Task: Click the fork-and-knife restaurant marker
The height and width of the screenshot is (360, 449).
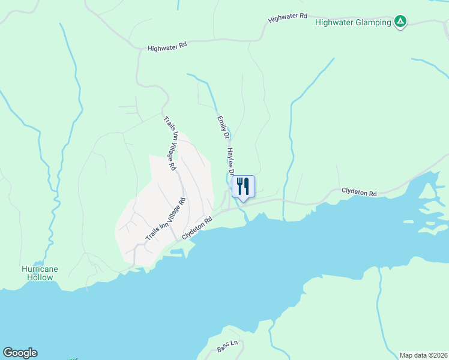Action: [243, 187]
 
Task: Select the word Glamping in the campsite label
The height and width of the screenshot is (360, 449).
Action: [373, 23]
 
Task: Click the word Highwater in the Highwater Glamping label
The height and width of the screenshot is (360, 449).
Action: [334, 23]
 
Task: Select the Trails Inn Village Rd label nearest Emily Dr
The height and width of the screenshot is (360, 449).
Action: [169, 142]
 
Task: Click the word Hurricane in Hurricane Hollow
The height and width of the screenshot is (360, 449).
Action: [40, 269]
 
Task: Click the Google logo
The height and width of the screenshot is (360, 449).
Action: [20, 353]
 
